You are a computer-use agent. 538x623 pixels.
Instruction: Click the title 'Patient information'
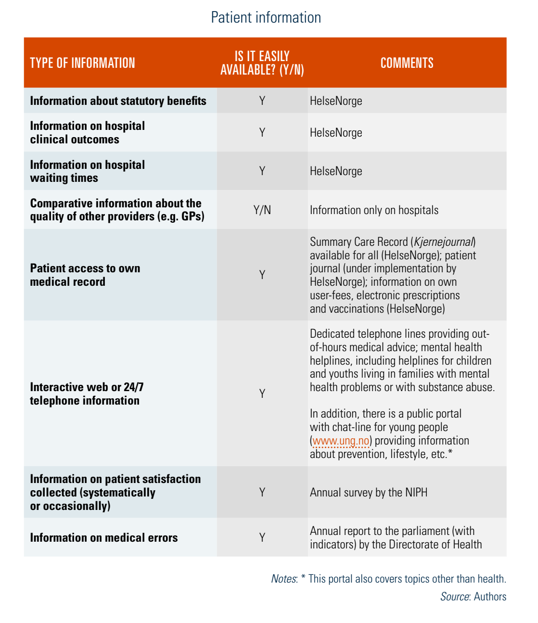click(266, 18)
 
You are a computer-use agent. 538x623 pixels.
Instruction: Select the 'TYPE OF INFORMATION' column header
click(82, 63)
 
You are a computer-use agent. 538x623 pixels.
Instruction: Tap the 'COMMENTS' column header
click(407, 63)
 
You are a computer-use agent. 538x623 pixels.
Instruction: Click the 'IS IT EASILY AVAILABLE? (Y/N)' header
click(262, 63)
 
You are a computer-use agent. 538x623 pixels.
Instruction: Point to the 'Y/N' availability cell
click(262, 210)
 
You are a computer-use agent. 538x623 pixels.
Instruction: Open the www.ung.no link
click(341, 441)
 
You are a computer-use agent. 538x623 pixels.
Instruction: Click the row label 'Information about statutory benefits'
click(118, 101)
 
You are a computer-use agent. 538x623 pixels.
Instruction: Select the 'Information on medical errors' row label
click(103, 538)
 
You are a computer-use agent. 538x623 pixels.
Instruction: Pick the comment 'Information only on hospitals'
click(374, 210)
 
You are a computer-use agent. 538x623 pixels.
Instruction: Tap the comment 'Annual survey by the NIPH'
click(368, 493)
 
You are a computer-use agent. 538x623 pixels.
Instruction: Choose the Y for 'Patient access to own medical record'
click(262, 275)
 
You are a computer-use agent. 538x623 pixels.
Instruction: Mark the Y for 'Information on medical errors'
click(262, 538)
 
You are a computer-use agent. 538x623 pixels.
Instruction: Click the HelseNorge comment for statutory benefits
click(336, 101)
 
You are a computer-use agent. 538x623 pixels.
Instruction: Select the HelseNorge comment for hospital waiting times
click(336, 171)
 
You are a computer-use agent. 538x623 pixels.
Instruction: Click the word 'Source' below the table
click(454, 597)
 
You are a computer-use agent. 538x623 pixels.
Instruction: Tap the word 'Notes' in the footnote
click(283, 579)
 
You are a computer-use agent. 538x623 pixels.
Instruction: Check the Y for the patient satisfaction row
click(262, 493)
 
